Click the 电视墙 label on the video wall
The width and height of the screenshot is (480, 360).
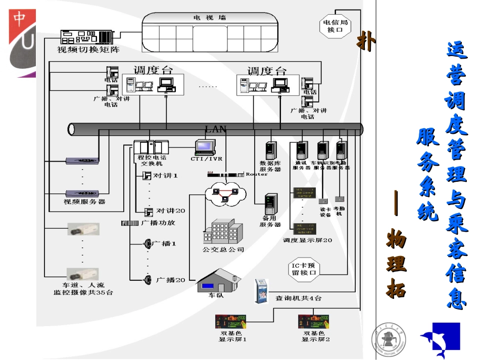[x=209, y=17]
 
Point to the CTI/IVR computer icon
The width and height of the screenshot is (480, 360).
[x=206, y=147]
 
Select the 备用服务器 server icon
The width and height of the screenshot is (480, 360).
[x=270, y=204]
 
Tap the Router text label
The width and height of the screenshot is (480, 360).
[x=257, y=174]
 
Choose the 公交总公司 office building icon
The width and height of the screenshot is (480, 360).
[x=221, y=232]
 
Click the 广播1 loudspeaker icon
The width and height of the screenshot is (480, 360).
[x=148, y=243]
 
